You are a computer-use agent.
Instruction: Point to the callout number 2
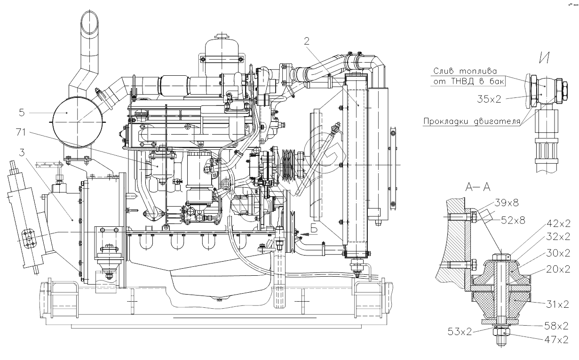306,41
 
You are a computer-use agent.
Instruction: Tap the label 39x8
507,202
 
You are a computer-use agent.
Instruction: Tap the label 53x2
460,331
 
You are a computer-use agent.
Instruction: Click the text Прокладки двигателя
472,121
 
